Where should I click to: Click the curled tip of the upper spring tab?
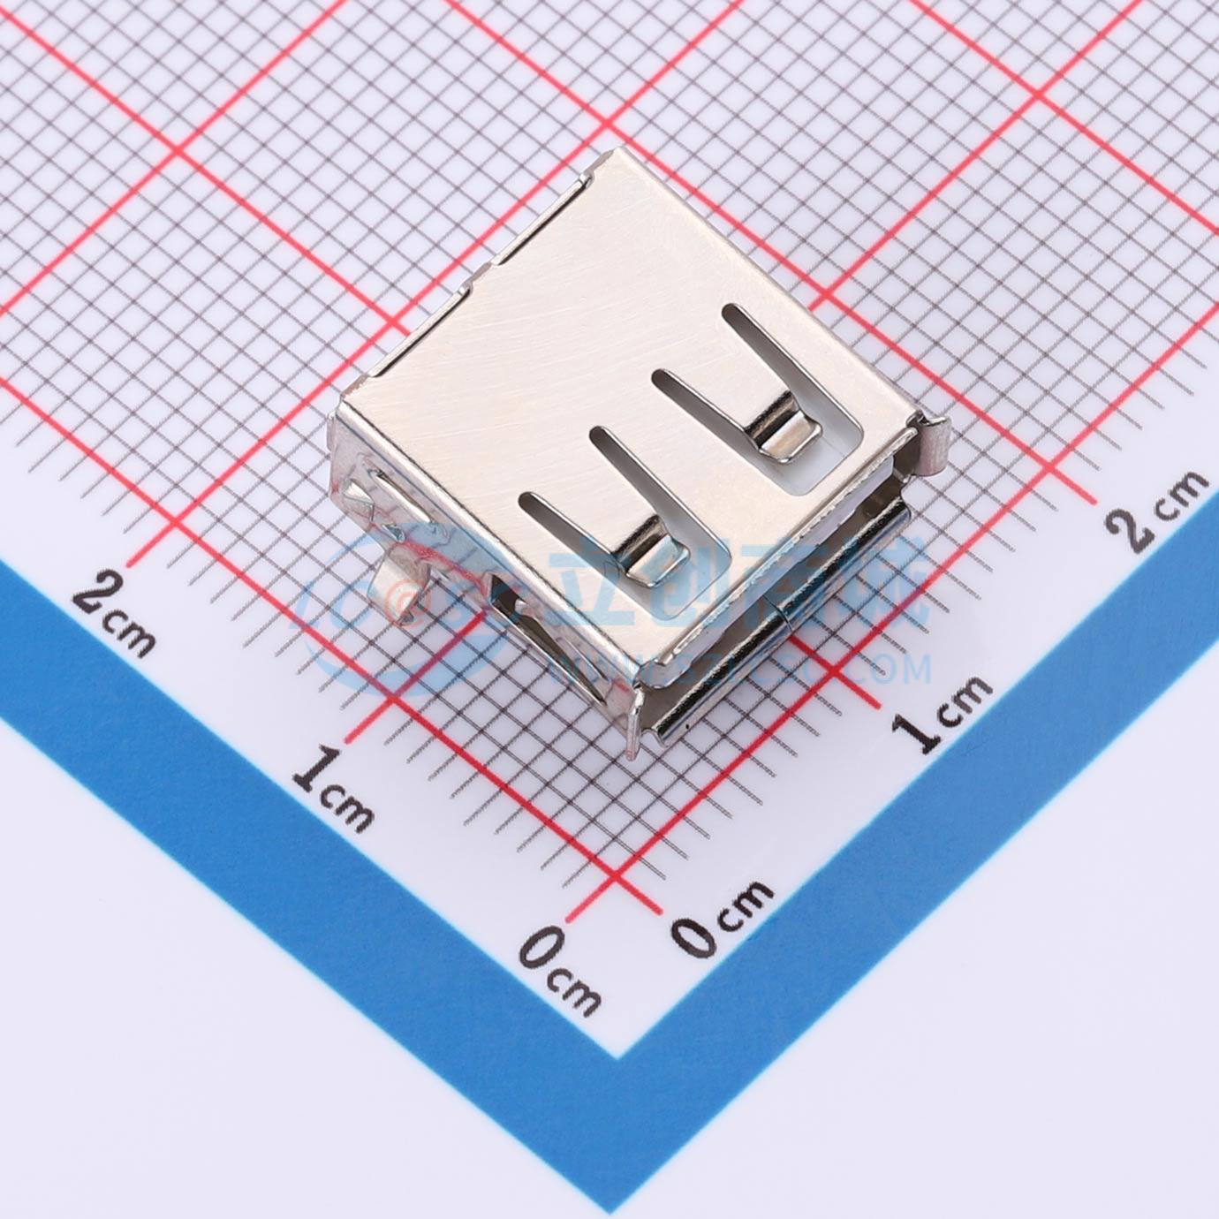[781, 437]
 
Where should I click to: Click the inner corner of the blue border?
[616, 1055]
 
